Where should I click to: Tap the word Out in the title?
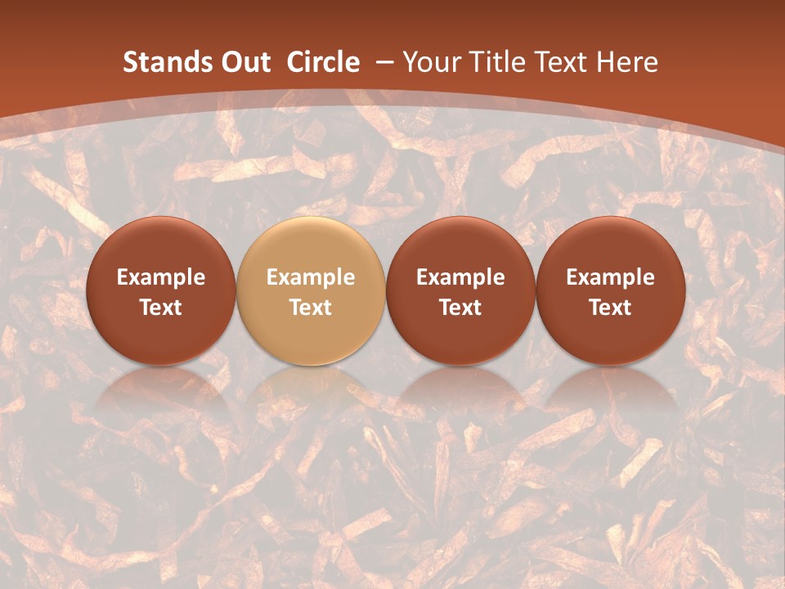coord(243,62)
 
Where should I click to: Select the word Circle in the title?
coord(323,62)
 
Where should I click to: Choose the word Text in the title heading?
coord(564,62)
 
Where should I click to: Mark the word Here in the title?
coord(628,62)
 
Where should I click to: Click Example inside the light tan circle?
coord(311,277)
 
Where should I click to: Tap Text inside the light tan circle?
coord(311,308)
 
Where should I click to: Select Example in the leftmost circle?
coord(161,277)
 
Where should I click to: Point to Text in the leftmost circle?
coord(161,308)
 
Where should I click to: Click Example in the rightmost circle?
coord(610,277)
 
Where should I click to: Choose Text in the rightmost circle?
coord(610,308)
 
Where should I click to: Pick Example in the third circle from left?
coord(460,277)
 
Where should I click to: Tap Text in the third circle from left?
coord(460,308)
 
